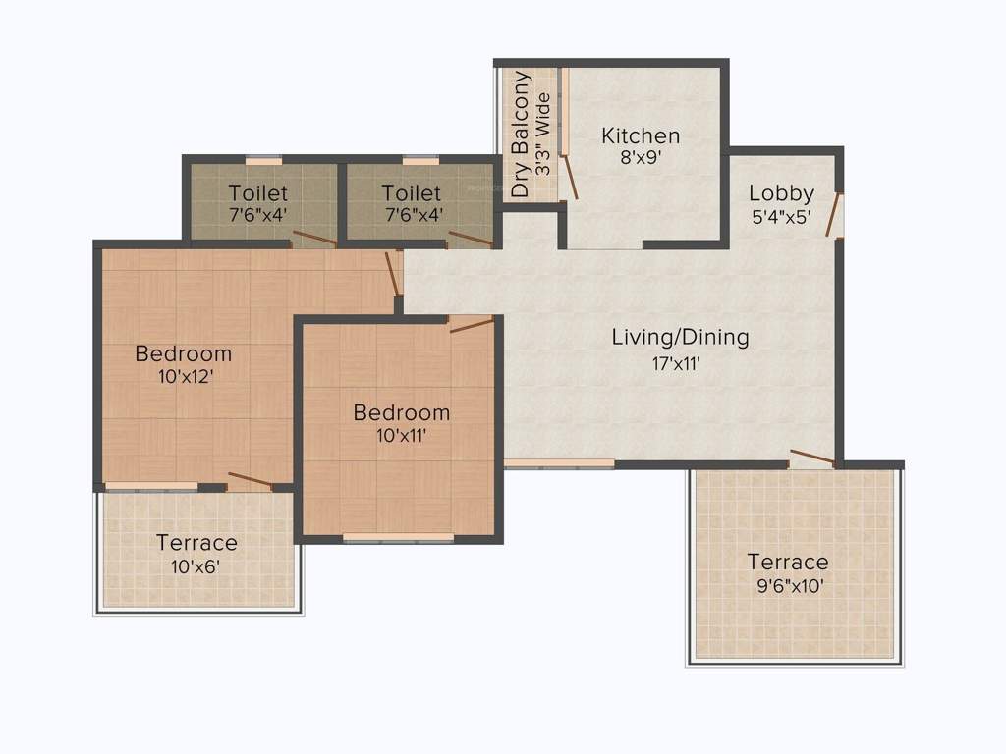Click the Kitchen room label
coord(641,135)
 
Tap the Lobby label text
coord(781,192)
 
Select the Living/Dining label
coord(680,337)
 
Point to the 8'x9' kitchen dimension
coord(640,158)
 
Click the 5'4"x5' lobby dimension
coord(780,216)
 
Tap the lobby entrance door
coord(835,214)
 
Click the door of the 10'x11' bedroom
coord(472,325)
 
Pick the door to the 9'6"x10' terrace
coord(812,458)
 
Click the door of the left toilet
coord(315,239)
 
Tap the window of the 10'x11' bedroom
coord(398,537)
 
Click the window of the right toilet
coord(421,160)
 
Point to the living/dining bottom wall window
coord(559,463)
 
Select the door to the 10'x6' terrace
coord(250,480)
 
